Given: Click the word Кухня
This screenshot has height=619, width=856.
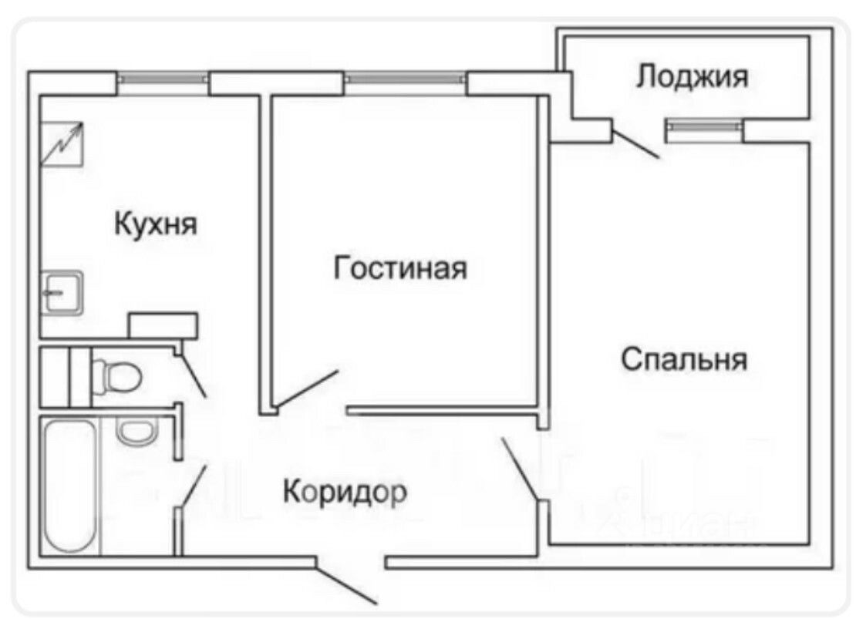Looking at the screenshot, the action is [156, 224].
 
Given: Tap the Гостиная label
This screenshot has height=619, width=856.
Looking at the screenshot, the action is [400, 269].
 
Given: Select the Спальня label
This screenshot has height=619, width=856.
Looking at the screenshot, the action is [684, 359].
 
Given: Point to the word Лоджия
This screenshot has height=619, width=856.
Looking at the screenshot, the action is [693, 77].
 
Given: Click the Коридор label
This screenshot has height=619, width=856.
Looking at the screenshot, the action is [344, 491].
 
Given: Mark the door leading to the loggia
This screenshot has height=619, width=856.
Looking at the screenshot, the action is [635, 144].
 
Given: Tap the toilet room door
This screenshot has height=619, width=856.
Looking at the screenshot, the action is [194, 375].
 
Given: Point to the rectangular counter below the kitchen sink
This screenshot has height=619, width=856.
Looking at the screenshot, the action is [163, 325].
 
